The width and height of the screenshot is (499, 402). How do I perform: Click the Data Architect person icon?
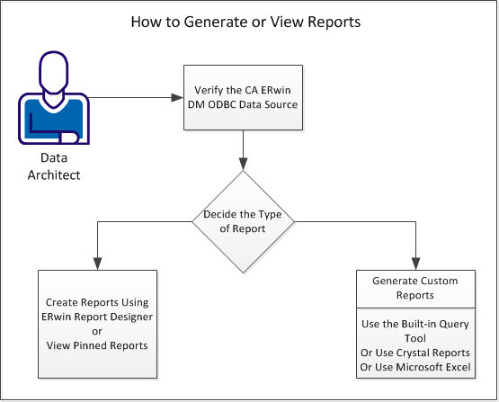click(x=53, y=99)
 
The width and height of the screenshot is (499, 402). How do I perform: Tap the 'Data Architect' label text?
click(x=53, y=167)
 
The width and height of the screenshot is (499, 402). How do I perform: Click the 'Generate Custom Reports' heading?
click(x=415, y=289)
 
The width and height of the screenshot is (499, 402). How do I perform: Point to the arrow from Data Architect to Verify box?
click(x=135, y=96)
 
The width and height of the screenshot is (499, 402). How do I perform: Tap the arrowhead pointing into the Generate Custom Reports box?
click(x=415, y=264)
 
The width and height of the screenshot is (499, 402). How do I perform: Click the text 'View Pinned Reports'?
click(x=98, y=345)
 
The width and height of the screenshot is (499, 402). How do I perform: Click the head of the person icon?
click(x=54, y=71)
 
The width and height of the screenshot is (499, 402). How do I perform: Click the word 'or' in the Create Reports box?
click(x=98, y=330)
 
